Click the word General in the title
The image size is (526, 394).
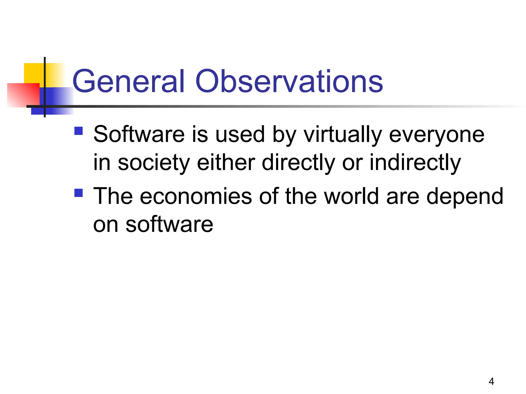[128, 81]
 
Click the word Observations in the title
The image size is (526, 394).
[289, 81]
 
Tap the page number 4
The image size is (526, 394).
[491, 381]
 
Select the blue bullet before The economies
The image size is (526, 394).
[79, 193]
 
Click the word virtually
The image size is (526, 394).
[343, 135]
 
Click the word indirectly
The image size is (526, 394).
[415, 163]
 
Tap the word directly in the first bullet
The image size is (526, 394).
[298, 163]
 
